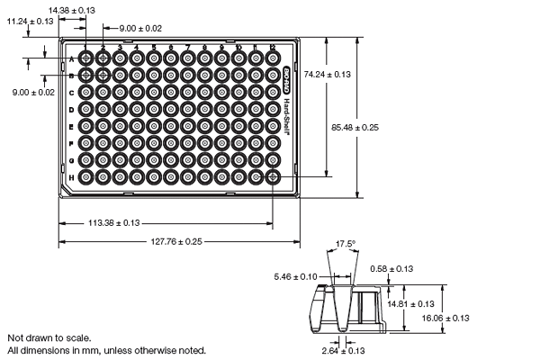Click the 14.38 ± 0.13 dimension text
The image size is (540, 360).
point(72,9)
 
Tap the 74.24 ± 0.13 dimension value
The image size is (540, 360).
point(328,76)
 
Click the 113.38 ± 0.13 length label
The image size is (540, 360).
point(112,223)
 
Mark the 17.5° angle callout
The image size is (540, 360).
point(346,244)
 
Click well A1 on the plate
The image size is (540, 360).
point(86,58)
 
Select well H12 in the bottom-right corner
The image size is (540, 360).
point(273,177)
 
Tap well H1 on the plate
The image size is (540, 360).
point(86,177)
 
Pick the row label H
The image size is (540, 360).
point(71,177)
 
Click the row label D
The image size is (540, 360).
point(71,109)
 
